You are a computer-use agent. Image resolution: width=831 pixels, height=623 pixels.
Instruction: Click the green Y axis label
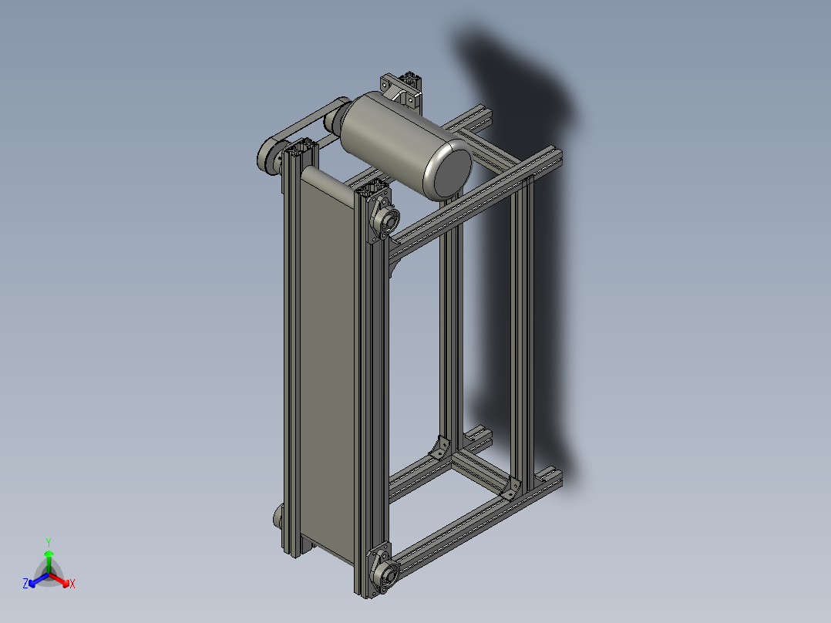48,542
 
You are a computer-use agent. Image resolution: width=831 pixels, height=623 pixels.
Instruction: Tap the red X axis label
72,584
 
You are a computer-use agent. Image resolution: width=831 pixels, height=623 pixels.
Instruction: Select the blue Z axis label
25,584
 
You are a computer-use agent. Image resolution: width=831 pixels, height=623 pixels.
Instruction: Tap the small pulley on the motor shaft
335,120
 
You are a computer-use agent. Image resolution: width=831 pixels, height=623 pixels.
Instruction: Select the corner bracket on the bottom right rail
510,488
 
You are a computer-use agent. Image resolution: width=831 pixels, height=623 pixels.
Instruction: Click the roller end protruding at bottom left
278,516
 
